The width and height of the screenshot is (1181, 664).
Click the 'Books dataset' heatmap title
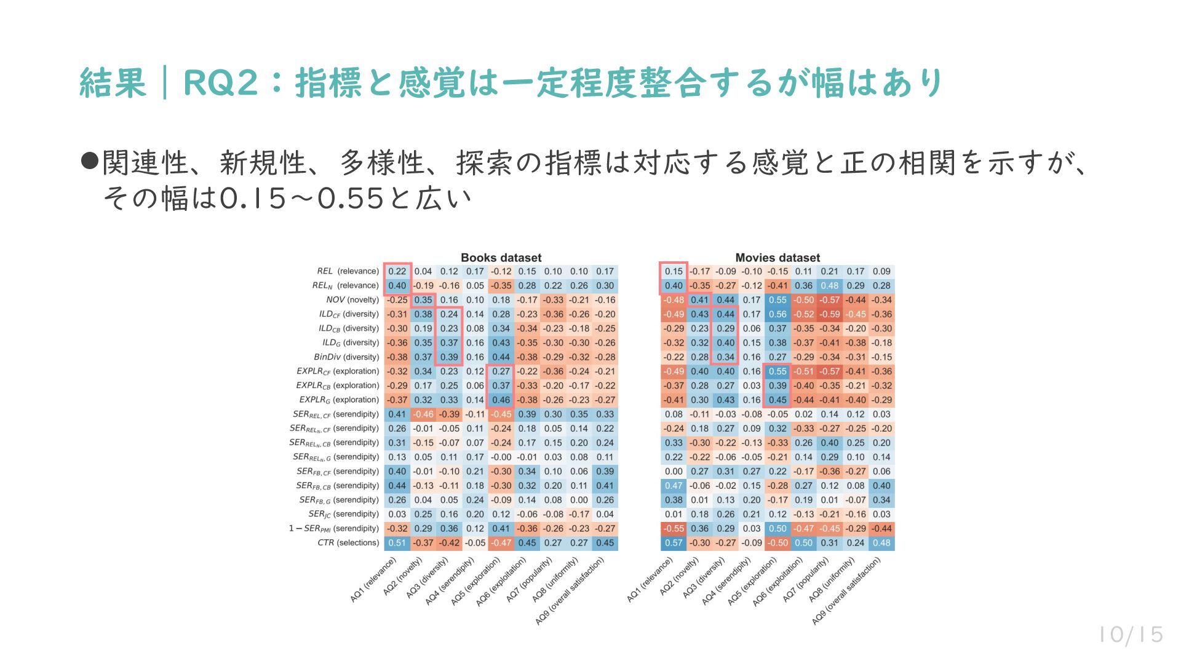point(501,258)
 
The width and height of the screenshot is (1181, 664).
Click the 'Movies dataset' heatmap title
point(777,258)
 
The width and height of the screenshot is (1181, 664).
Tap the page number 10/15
point(1131,634)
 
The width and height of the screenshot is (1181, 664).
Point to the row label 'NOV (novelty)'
point(352,300)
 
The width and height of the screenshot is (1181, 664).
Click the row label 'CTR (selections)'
point(348,543)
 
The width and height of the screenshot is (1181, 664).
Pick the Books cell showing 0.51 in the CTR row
point(397,543)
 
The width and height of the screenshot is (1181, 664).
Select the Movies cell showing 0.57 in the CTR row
point(674,543)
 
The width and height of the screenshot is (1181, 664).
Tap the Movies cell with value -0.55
point(674,529)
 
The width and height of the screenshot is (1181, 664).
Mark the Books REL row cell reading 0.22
point(397,271)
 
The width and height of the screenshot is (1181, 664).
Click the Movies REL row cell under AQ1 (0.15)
point(674,271)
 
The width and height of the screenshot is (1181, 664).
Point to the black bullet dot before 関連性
point(90,162)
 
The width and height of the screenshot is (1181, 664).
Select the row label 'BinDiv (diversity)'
point(346,357)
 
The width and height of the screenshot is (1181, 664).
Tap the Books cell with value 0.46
point(501,400)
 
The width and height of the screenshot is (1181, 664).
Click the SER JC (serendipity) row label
point(343,515)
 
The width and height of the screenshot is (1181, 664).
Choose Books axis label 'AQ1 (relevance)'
point(373,580)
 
